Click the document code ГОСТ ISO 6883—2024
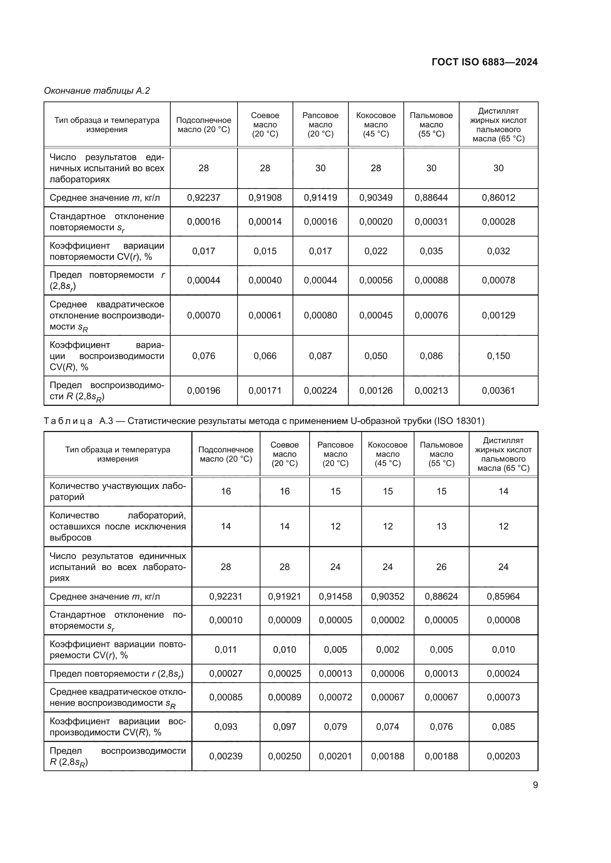coord(485,62)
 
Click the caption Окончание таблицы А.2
coord(97,91)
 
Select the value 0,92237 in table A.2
coord(204,198)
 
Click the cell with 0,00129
coord(498,315)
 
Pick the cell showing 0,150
coord(498,356)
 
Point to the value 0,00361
coord(498,390)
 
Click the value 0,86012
coord(498,198)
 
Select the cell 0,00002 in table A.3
coord(388,620)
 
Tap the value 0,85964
coord(503,597)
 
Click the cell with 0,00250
coord(284,756)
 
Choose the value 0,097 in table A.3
coord(284,726)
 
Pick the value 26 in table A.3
coord(441,567)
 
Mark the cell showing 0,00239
coord(226,756)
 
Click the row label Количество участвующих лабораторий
coord(117,491)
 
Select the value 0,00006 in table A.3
coord(388,674)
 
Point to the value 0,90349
coord(375,198)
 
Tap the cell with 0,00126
coord(375,390)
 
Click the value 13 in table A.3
coord(441,526)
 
